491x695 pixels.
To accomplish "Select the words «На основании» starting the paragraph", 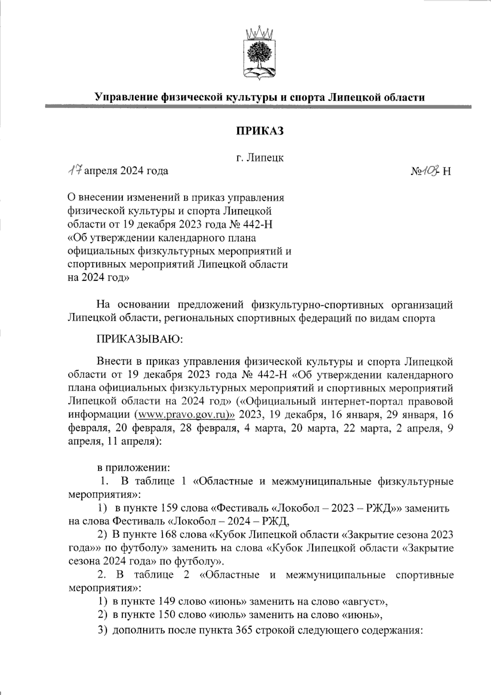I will coord(136,305).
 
